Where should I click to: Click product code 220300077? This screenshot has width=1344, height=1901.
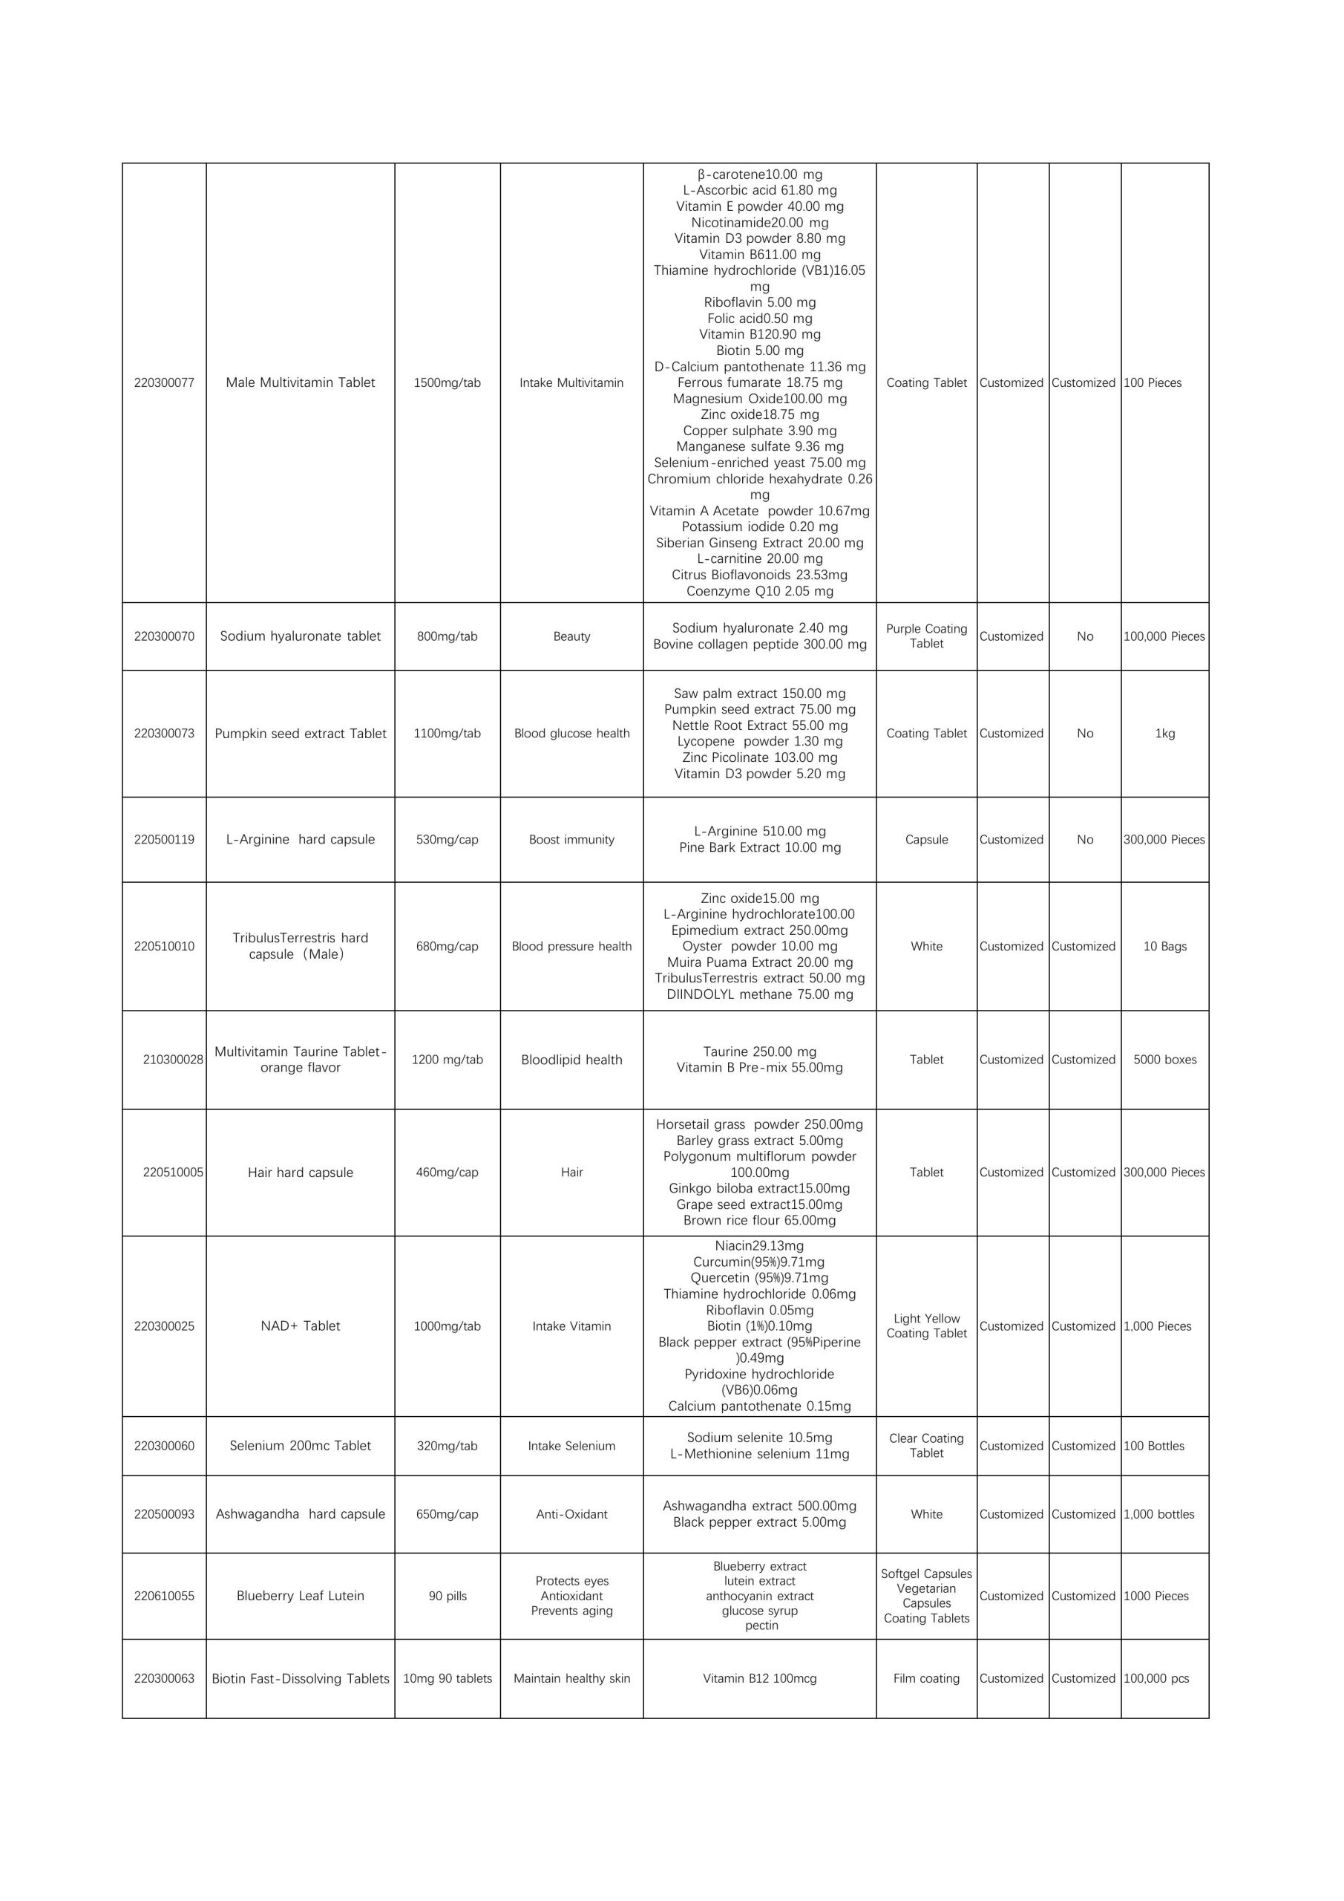[x=164, y=382]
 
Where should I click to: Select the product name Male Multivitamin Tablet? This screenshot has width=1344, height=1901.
[x=301, y=382]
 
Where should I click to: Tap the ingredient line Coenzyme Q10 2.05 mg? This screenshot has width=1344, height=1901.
[x=760, y=591]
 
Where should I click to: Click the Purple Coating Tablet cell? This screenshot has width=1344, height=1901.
[x=926, y=636]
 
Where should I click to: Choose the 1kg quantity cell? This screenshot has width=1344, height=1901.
[x=1164, y=734]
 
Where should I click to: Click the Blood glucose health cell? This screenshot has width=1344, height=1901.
[x=572, y=734]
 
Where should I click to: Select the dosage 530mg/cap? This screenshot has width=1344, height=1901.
[x=447, y=840]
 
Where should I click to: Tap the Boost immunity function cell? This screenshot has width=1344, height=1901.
[x=572, y=840]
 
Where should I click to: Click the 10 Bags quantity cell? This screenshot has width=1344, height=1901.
[x=1164, y=946]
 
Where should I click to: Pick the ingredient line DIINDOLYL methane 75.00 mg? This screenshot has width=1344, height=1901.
[x=760, y=994]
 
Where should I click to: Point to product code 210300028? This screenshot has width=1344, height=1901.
[x=173, y=1060]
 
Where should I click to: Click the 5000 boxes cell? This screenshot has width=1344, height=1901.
[x=1164, y=1060]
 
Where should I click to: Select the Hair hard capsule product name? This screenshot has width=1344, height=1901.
[x=301, y=1173]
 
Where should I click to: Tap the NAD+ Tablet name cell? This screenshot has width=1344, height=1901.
[x=301, y=1326]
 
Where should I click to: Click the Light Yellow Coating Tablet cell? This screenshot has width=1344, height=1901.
[x=926, y=1326]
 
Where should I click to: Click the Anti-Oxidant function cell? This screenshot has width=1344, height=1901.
[x=572, y=1514]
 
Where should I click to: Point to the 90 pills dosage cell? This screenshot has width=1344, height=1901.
[x=447, y=1596]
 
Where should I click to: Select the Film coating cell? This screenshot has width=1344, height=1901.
[x=926, y=1678]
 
